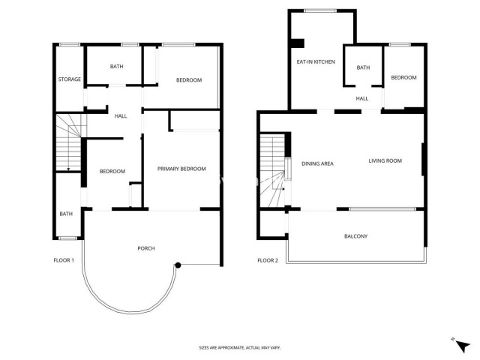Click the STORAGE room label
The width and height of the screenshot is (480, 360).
[69, 79]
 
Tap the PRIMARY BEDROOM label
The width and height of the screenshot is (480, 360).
[181, 169]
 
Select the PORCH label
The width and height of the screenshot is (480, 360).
[145, 248]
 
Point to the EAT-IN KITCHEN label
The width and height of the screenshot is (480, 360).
[315, 61]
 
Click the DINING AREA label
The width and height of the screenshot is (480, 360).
[317, 163]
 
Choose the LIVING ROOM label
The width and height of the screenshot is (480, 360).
[385, 160]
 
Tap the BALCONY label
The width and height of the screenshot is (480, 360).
[355, 236]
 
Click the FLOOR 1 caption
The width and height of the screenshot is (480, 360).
[63, 260]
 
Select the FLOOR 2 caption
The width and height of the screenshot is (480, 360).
[268, 260]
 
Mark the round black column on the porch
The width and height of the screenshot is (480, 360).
[178, 265]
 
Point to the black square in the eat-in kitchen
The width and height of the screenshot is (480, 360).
[297, 43]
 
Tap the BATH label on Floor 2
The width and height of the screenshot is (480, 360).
[363, 68]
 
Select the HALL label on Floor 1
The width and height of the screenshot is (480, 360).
[120, 116]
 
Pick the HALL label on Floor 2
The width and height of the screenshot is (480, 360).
[362, 98]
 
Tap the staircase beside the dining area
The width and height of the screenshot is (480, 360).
[274, 171]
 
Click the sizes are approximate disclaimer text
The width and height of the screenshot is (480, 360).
[239, 348]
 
